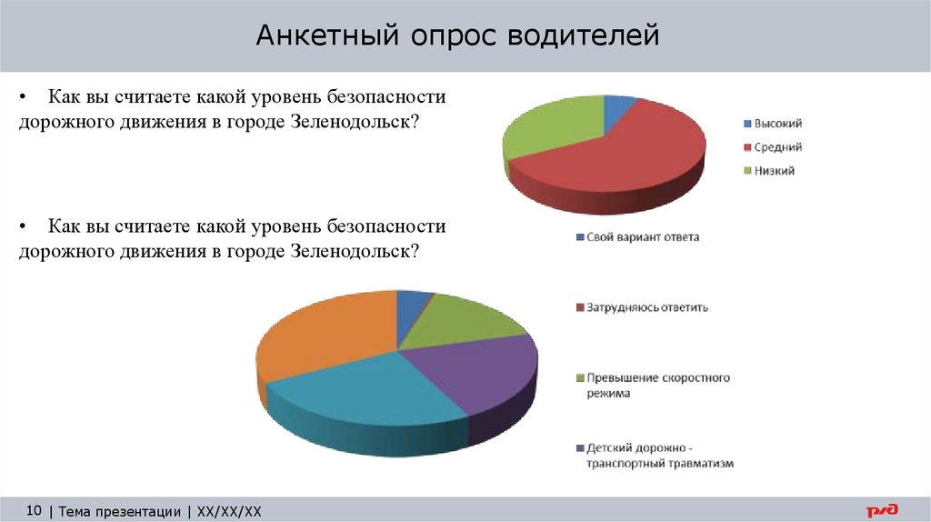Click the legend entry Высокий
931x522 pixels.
(777, 124)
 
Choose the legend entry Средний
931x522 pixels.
(777, 147)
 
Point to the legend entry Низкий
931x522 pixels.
(774, 170)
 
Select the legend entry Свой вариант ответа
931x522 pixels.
(642, 237)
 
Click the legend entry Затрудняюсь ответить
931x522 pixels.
(646, 307)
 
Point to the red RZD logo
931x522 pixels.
(881, 510)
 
